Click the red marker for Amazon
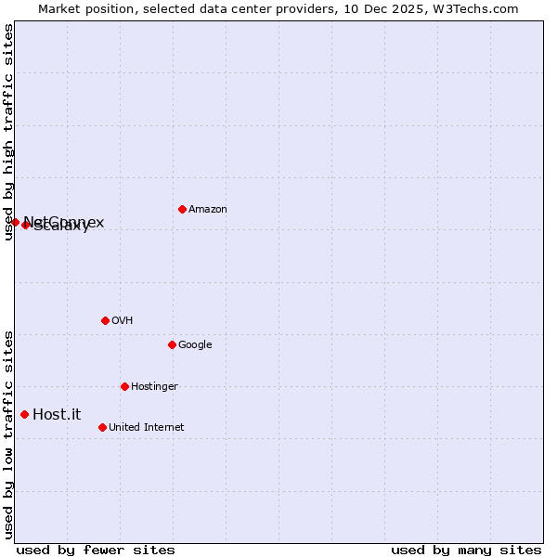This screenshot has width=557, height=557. click(x=182, y=209)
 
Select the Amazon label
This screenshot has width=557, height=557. click(x=207, y=210)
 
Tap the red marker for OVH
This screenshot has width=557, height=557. click(x=105, y=320)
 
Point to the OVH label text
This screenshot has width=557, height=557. click(x=122, y=321)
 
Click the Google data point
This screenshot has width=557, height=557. click(x=172, y=344)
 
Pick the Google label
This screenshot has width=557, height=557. click(x=195, y=345)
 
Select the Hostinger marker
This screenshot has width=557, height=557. click(x=124, y=386)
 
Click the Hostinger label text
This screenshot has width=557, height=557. click(x=154, y=387)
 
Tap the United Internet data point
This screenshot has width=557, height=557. click(x=102, y=427)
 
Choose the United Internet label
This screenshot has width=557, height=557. click(x=146, y=428)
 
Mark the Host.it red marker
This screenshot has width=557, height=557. click(x=24, y=414)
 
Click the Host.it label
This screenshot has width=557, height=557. click(x=57, y=415)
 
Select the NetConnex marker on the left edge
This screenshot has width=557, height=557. click(x=15, y=222)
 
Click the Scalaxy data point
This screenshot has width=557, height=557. click(x=25, y=226)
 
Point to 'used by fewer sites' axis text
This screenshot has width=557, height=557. click(x=96, y=550)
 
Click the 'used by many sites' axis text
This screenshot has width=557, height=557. click(x=466, y=550)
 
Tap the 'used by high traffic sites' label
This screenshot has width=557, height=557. click(x=8, y=132)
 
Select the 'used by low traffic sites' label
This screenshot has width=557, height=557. click(x=8, y=434)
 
